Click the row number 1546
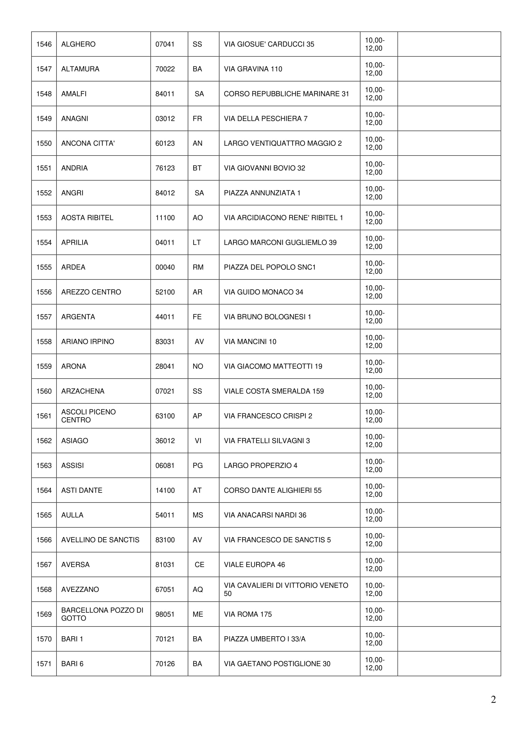(x=44, y=44)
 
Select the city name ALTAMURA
(x=80, y=69)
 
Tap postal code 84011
(x=165, y=94)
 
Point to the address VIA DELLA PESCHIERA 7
(x=266, y=119)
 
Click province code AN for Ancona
(x=197, y=143)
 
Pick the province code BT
(x=197, y=168)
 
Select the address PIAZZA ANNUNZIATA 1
(x=262, y=193)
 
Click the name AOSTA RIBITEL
(x=87, y=218)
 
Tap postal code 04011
(x=165, y=243)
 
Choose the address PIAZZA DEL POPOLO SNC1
(x=270, y=267)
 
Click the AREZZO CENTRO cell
(x=91, y=292)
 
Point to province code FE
(x=197, y=317)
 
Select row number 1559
(x=44, y=366)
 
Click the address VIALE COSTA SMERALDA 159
(x=274, y=391)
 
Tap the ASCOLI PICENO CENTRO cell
(x=89, y=416)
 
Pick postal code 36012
(x=165, y=441)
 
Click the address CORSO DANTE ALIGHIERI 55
(x=272, y=490)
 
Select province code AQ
(x=198, y=589)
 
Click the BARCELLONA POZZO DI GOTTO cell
(x=102, y=614)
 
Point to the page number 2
(x=493, y=699)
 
